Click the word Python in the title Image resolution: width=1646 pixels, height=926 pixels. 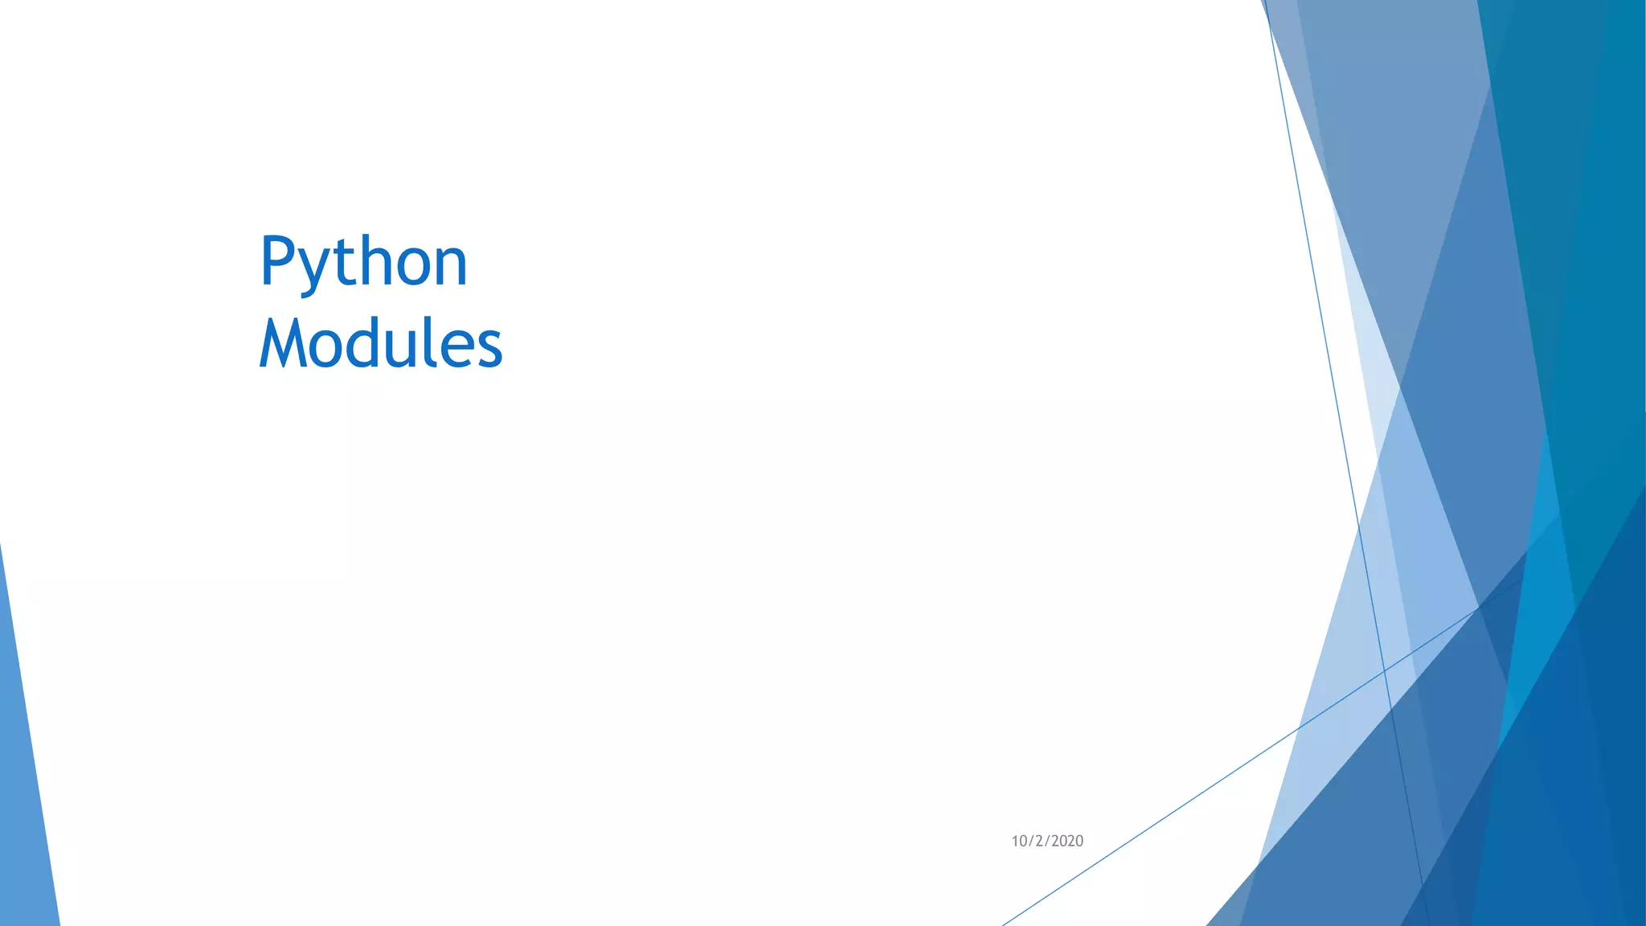point(363,262)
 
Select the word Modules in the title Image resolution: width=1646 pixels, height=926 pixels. point(380,343)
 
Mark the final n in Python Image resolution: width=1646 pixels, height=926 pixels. point(449,268)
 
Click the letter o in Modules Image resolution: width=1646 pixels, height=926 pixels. point(326,348)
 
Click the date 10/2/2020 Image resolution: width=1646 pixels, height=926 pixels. point(1046,841)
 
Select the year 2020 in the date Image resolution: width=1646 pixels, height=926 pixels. point(1067,841)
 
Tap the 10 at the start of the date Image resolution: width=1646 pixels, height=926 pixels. point(1019,841)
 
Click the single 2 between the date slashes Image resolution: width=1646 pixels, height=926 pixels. point(1038,841)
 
